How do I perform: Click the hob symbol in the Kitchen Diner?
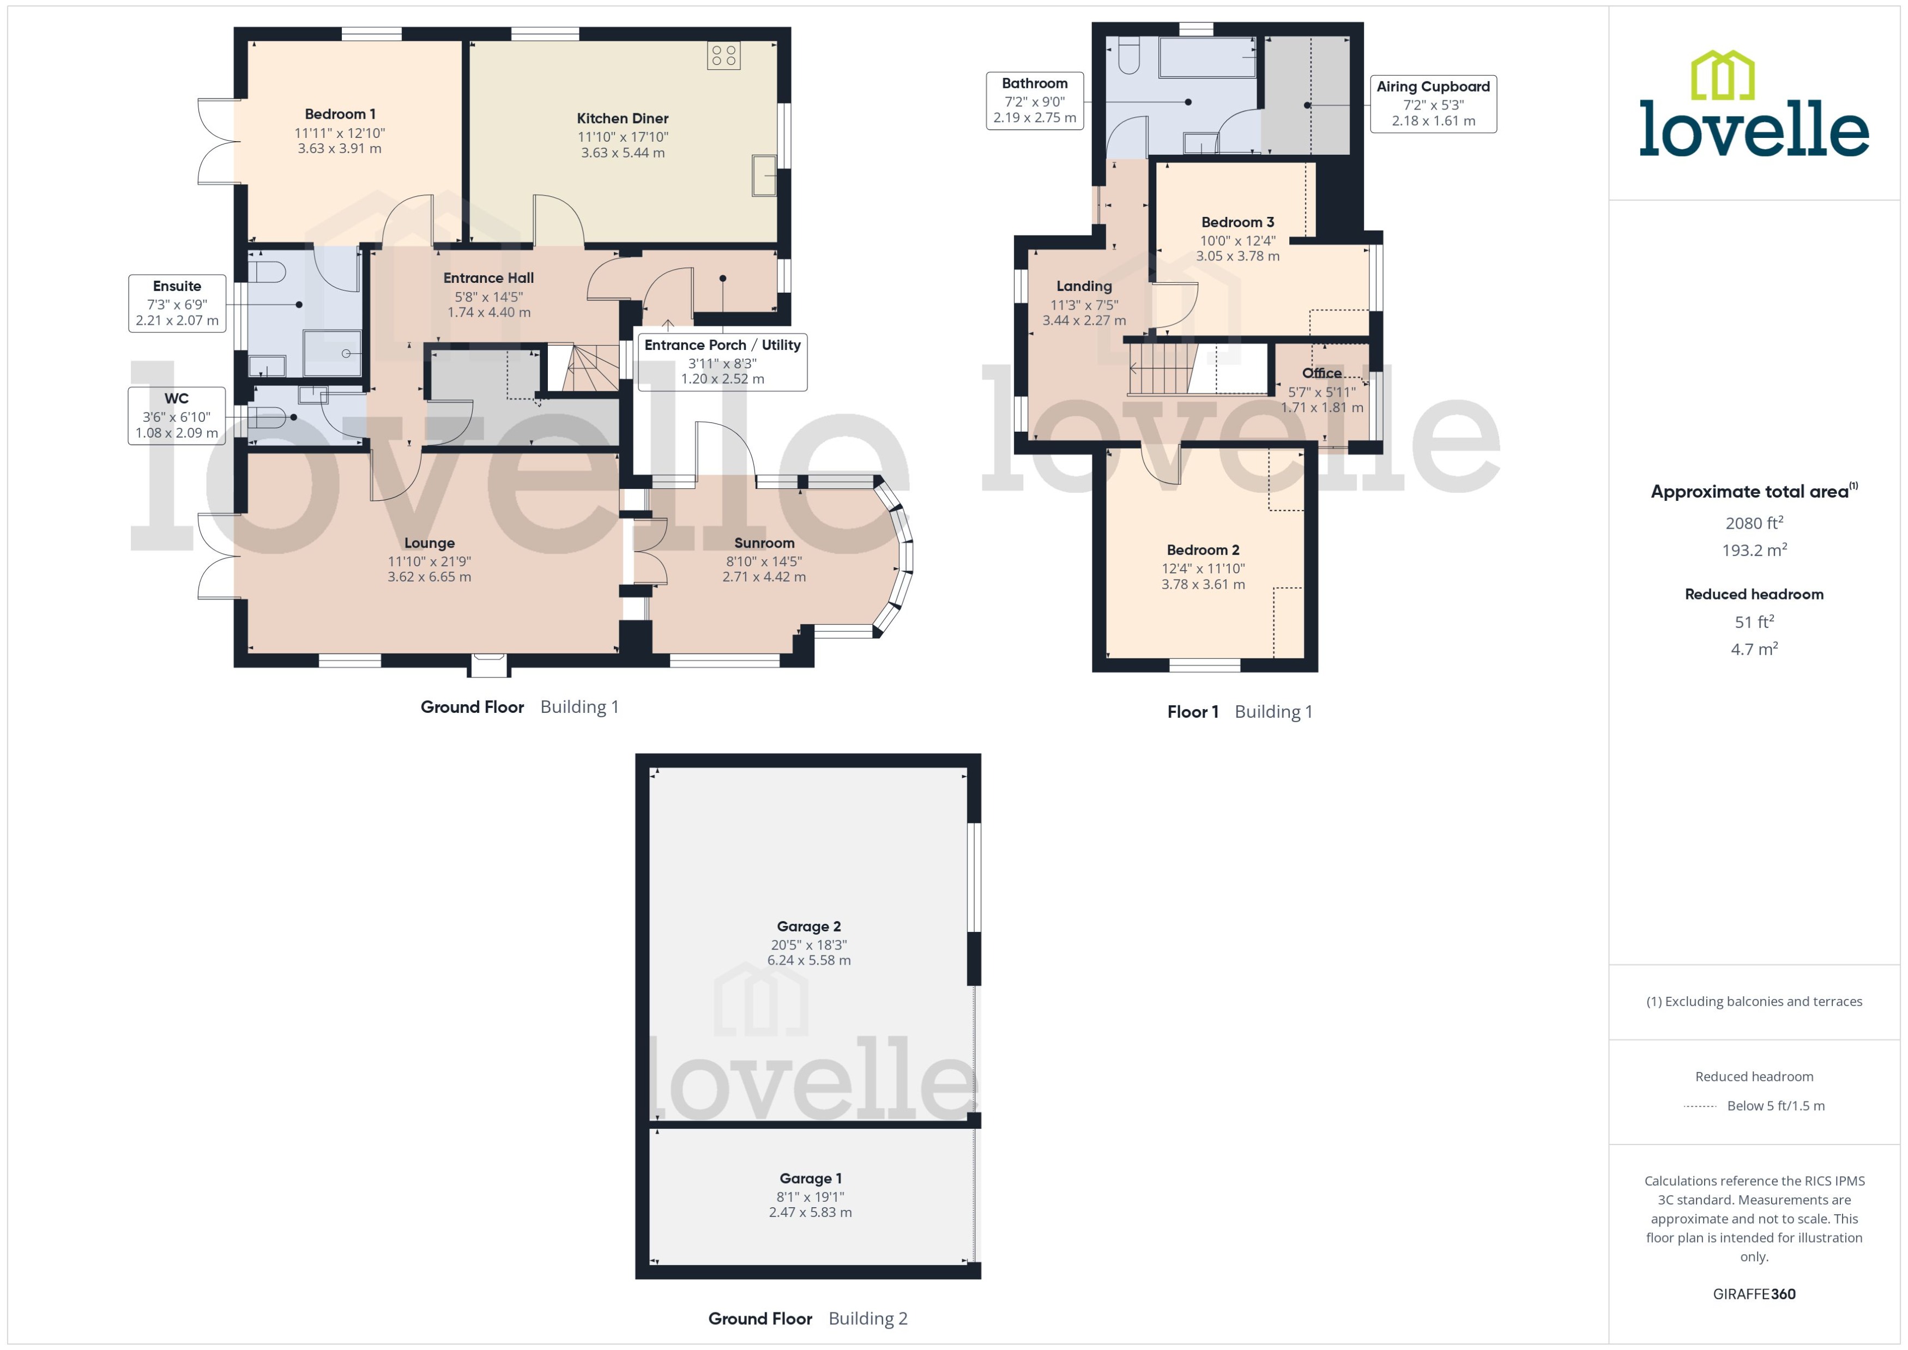pos(723,56)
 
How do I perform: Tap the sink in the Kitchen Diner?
pos(763,175)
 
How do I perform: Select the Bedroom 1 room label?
pos(340,114)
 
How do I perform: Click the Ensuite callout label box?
pos(177,304)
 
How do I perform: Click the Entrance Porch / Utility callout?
pos(722,361)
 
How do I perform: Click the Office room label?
pos(1321,373)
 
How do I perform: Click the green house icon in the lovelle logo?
pos(1723,75)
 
